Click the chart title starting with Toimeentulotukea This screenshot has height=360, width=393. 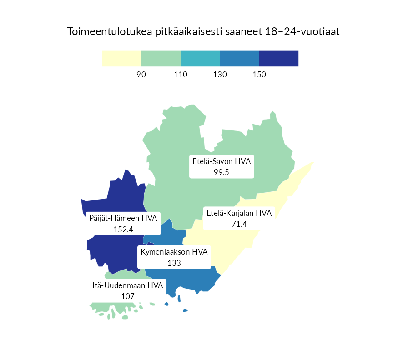pos(203,32)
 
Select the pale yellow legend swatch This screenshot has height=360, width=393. pos(121,59)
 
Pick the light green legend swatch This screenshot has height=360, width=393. pos(161,59)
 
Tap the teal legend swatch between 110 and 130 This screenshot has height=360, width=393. pos(200,59)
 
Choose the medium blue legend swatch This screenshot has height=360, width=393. pos(240,59)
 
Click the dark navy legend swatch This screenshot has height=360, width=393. pos(279,59)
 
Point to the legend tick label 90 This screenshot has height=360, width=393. pos(141,75)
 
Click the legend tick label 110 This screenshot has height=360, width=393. pos(181,75)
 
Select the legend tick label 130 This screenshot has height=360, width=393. pos(220,75)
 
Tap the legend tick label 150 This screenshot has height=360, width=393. pos(259,75)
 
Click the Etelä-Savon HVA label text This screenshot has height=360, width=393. pos(222,161)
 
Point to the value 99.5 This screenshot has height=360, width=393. pos(222,172)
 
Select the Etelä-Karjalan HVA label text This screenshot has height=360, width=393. pos(239,213)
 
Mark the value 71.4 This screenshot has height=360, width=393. pos(239,224)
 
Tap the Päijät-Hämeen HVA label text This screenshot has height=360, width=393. pos(123,218)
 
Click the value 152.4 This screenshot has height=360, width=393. pos(123,229)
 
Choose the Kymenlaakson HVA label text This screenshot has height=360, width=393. pos(174,252)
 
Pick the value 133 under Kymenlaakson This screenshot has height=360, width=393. pos(174,263)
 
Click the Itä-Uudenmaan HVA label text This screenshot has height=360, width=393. pos(128,285)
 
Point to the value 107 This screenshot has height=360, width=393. pos(128,296)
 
